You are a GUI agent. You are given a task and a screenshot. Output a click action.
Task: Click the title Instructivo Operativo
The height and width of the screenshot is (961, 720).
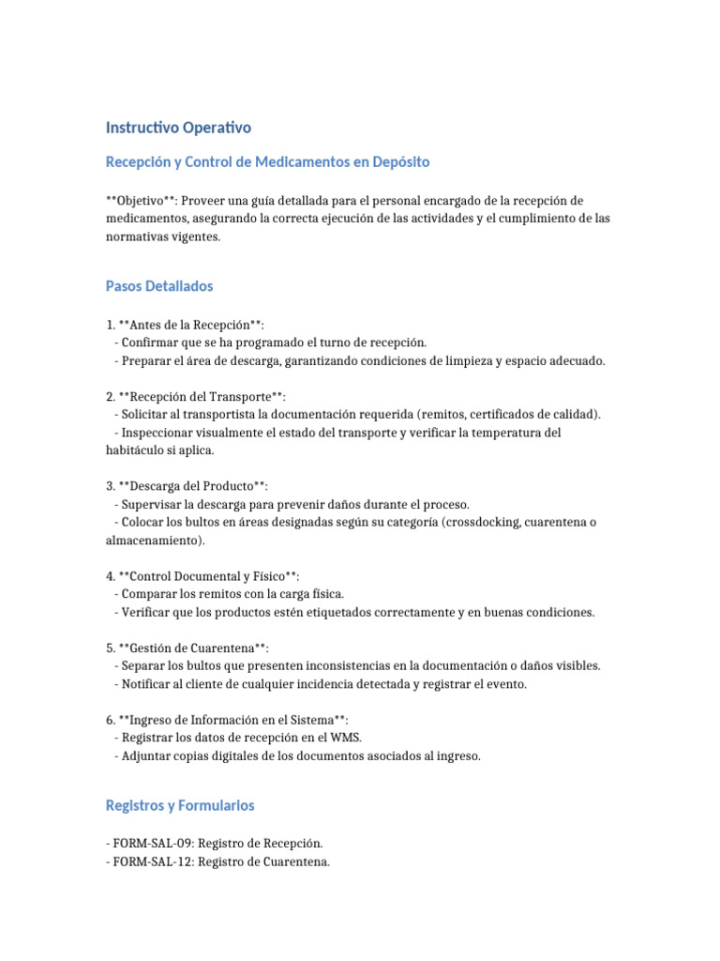click(178, 127)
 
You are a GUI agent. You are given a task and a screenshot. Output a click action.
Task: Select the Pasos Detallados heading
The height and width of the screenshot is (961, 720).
click(159, 285)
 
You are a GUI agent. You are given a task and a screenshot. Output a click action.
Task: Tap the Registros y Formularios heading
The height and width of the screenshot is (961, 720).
click(180, 805)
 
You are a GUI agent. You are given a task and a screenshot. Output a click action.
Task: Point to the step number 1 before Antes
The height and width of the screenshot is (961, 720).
click(110, 325)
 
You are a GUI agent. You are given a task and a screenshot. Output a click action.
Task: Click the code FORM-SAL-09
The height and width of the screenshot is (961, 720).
click(156, 844)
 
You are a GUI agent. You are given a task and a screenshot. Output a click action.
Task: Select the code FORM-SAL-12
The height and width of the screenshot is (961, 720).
click(156, 862)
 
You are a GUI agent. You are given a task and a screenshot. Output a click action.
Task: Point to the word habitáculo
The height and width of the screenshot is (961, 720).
click(138, 450)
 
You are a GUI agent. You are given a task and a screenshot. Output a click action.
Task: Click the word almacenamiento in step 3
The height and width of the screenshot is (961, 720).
click(153, 540)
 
